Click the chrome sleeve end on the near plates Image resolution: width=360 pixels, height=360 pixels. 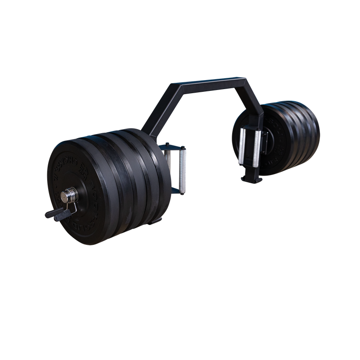pos(68,197)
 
